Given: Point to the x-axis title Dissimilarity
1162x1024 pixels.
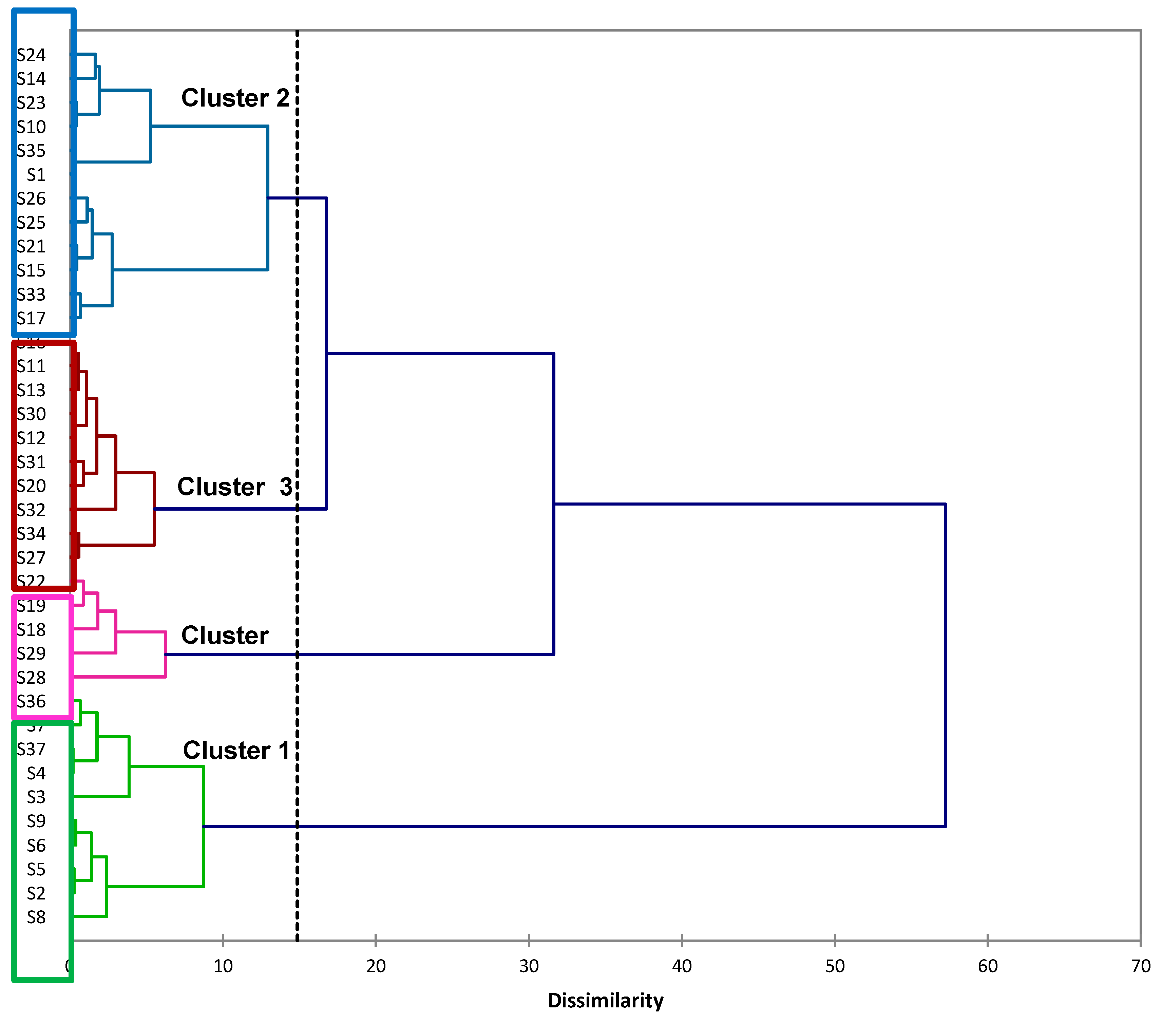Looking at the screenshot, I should coord(606,1000).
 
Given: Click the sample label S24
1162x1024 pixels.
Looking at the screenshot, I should coord(31,55).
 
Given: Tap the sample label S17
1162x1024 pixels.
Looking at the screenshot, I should coord(31,318).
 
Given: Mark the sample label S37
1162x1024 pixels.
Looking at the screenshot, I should coord(31,750).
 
